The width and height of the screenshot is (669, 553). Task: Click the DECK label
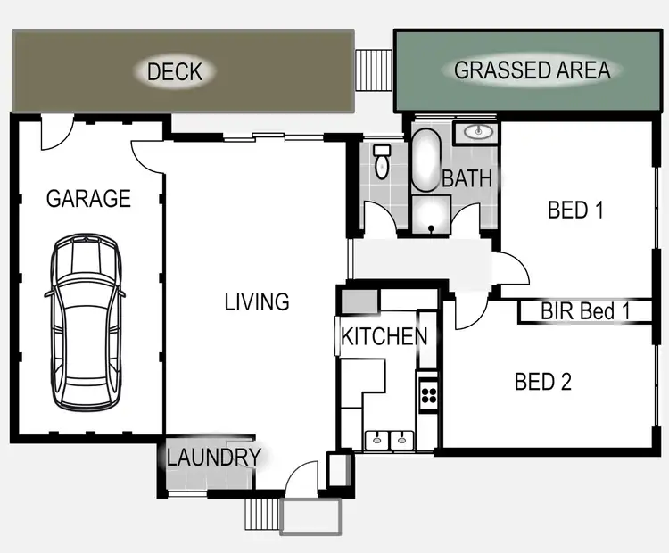(x=175, y=71)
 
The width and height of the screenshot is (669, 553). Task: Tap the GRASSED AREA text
(x=532, y=70)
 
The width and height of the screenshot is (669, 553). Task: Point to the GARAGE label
(x=88, y=198)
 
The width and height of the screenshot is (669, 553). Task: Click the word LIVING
(x=257, y=302)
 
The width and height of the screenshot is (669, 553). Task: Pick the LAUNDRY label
(x=213, y=458)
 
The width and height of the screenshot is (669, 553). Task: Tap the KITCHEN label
(x=384, y=337)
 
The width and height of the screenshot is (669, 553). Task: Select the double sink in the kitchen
(x=391, y=438)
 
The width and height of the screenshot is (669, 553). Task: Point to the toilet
(x=383, y=161)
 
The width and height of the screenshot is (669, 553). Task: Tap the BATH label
(x=467, y=178)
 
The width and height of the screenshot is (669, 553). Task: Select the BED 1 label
(x=575, y=210)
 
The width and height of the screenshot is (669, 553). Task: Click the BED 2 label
(x=542, y=382)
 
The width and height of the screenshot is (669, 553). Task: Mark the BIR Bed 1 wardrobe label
(x=586, y=312)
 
